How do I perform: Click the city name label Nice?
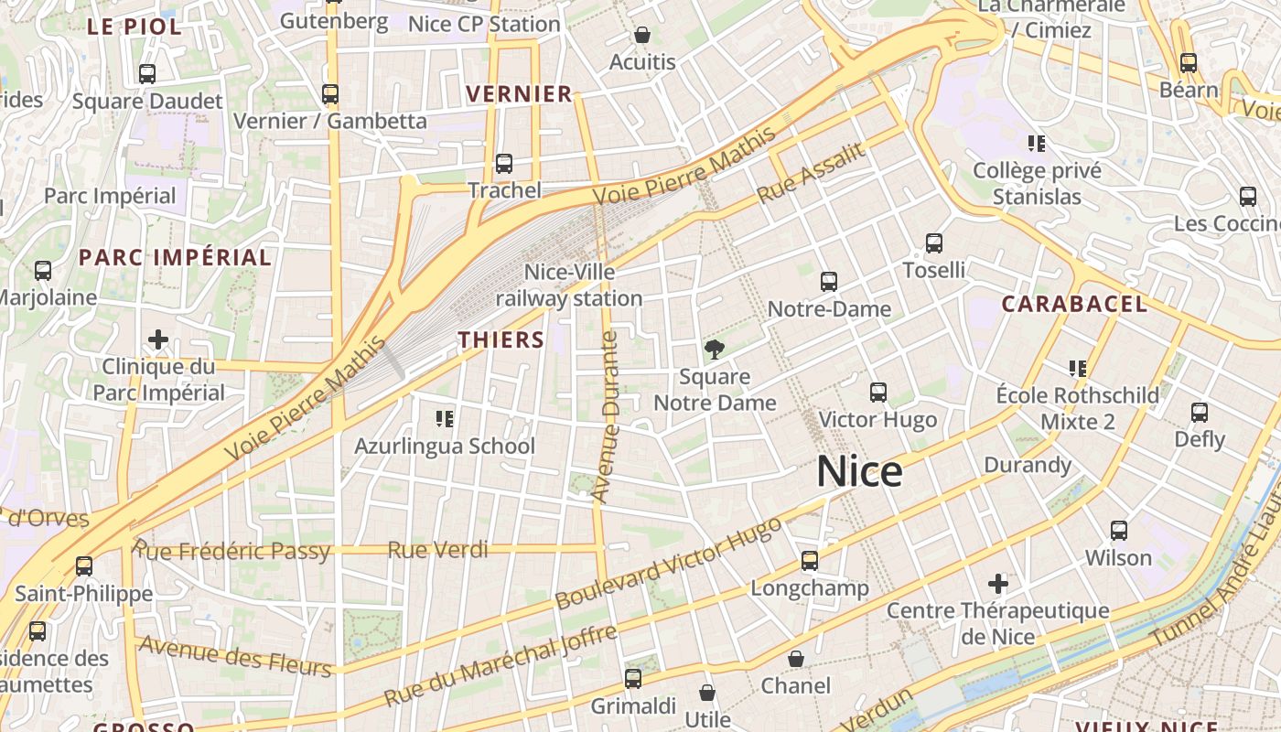point(859,471)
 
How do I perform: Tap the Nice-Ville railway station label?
point(569,285)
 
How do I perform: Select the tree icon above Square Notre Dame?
point(714,349)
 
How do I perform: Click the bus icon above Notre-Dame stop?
point(829,282)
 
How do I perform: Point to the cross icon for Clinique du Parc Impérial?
point(158,340)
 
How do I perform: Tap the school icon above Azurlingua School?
point(445,419)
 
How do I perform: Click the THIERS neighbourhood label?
point(501,340)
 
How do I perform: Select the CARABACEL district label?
point(1074,305)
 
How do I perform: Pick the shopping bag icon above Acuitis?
point(642,36)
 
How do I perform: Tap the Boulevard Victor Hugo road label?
point(669,564)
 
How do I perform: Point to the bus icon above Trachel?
point(504,164)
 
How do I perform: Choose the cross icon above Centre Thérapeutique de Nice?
point(998,584)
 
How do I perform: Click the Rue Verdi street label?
point(437,550)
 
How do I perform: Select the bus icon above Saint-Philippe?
point(84,566)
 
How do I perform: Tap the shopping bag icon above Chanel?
point(796,659)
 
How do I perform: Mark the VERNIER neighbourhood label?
point(519,94)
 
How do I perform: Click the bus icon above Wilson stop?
point(1119,531)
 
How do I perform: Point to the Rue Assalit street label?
point(811,175)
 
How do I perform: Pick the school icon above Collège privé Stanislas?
point(1037,144)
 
